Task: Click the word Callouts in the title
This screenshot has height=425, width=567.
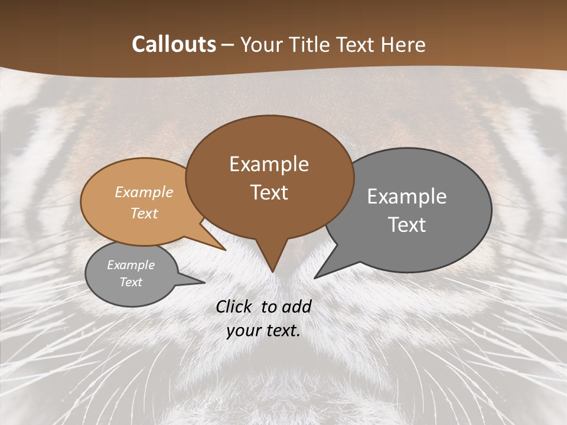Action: (174, 44)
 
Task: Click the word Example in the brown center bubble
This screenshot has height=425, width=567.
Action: (269, 164)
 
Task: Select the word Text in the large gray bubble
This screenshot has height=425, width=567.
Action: (407, 225)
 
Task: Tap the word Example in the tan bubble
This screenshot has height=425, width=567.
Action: (144, 192)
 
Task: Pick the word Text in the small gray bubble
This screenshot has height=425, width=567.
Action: (131, 282)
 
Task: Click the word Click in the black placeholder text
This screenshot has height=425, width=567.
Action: (235, 306)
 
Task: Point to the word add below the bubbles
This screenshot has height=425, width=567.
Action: (296, 306)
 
